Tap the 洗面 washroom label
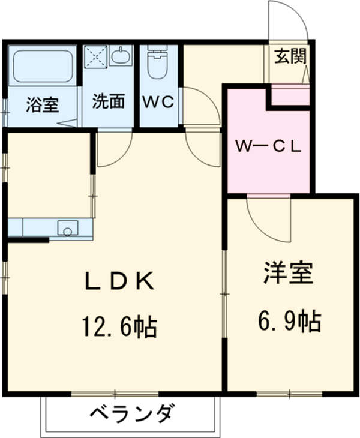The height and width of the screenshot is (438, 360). pos(109,102)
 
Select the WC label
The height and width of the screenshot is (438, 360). pos(158,102)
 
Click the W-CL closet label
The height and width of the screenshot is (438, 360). pos(268,146)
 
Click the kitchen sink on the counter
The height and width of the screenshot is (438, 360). pos(67,229)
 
